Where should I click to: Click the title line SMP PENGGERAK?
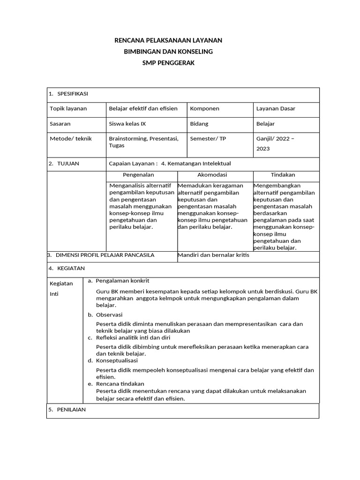(168, 62)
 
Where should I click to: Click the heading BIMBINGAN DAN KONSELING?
(168, 51)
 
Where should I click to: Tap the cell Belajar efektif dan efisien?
(143, 109)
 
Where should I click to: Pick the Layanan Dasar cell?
(276, 109)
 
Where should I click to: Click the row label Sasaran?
(60, 124)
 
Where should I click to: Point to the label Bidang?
(199, 124)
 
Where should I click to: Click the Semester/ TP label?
(208, 139)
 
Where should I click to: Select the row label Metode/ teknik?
(71, 139)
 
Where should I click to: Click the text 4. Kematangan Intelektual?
(196, 164)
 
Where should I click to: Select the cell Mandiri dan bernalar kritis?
(213, 255)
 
